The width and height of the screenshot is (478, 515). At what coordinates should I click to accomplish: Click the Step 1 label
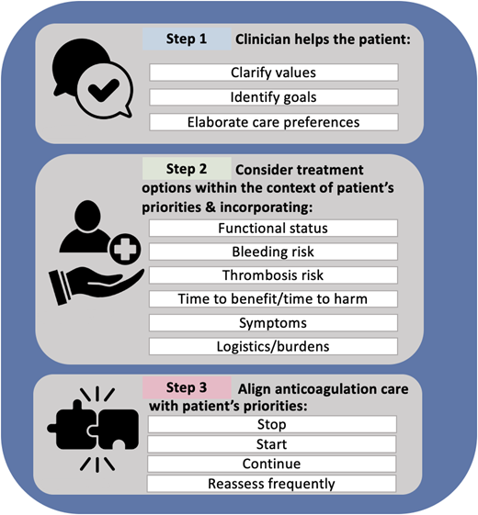(187, 41)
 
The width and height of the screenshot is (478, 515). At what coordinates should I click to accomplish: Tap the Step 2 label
(187, 170)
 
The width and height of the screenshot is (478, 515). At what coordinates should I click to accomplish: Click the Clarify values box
(273, 73)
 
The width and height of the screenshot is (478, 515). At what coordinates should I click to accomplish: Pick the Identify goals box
(273, 96)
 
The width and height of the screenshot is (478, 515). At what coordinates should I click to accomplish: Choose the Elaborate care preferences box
(273, 121)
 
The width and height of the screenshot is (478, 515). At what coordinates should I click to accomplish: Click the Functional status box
(273, 228)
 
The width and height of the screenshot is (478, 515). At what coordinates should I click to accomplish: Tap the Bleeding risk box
(273, 252)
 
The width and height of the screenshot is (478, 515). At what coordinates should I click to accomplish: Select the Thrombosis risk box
(273, 275)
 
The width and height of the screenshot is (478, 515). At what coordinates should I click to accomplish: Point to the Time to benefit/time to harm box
(273, 299)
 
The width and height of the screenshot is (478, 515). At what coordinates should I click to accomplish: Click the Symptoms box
(273, 323)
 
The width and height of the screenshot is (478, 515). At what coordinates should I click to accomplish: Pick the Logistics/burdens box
(273, 347)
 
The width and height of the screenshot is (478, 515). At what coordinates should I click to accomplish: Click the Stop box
(273, 425)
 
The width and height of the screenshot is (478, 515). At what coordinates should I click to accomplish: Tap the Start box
(273, 444)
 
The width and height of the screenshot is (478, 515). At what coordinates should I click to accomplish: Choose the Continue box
(273, 464)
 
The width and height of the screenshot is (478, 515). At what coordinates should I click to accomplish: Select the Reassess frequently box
(273, 484)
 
